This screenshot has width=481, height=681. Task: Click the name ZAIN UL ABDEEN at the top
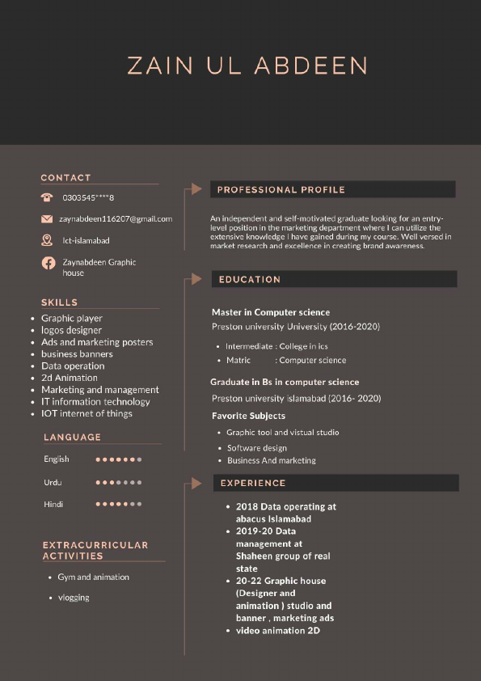click(x=247, y=66)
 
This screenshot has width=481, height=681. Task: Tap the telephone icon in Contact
click(x=47, y=197)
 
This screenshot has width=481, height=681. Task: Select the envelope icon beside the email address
click(x=47, y=219)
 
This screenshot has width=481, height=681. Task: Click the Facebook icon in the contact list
click(x=48, y=263)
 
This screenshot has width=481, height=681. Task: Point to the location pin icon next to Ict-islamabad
click(x=47, y=240)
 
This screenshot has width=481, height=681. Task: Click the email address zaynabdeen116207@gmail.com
click(x=116, y=219)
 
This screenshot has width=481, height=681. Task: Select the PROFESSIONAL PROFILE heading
click(x=281, y=190)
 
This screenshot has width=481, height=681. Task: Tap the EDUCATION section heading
click(x=250, y=280)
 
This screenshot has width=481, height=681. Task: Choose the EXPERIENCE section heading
click(x=253, y=484)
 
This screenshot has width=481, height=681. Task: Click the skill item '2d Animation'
click(x=70, y=378)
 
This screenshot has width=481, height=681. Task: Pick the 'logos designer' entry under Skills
click(x=71, y=330)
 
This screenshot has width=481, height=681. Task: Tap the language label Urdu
click(x=53, y=483)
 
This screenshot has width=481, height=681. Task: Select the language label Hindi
click(x=53, y=504)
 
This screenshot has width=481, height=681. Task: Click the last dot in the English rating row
click(x=139, y=459)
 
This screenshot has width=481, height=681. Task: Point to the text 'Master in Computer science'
click(x=271, y=312)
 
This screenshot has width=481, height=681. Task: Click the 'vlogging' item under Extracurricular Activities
click(x=74, y=598)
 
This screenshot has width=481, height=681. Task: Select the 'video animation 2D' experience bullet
click(x=278, y=630)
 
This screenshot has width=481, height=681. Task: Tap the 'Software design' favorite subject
click(x=257, y=447)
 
